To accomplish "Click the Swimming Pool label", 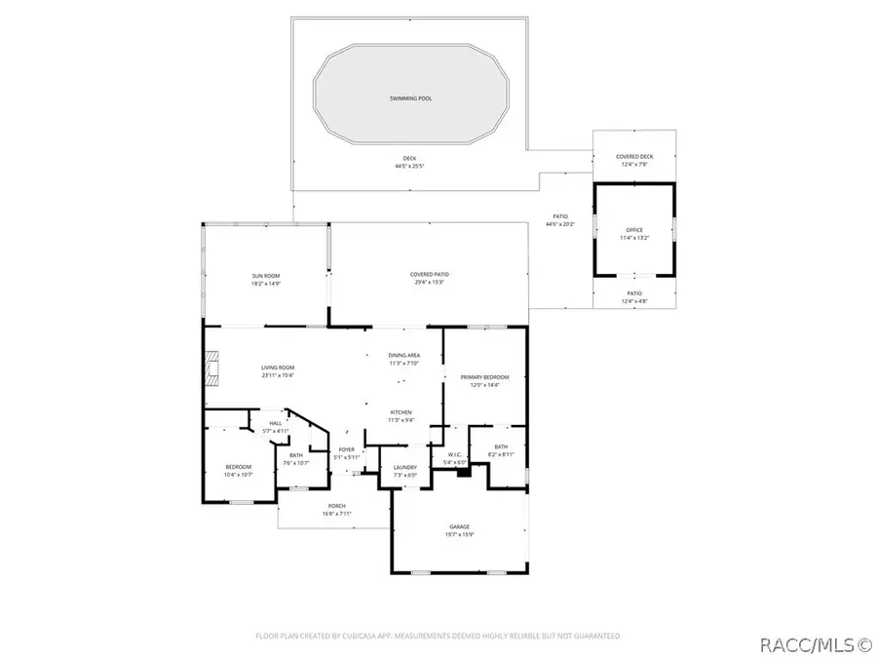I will point(409,99).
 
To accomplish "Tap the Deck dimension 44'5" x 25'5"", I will point(409,166).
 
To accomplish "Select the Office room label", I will point(634,229).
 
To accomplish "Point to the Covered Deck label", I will point(634,157).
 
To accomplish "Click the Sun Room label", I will point(266,276).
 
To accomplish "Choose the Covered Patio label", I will point(430,275).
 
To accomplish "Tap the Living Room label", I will point(278,368).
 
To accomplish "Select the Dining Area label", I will point(404,356).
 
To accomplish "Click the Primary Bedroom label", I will point(485,376).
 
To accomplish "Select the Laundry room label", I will point(404,467).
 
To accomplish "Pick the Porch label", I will point(337,505).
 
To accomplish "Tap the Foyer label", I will point(347,449).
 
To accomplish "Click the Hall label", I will point(276,423).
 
